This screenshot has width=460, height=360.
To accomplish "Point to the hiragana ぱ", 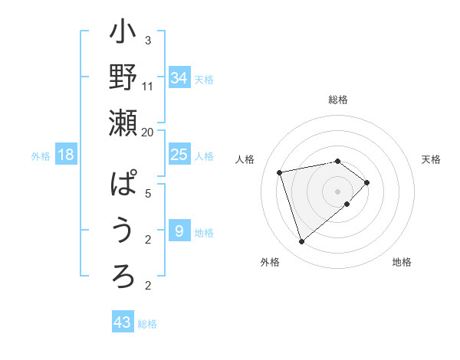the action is tap(123, 185).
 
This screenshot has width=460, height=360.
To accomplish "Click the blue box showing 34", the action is tap(179, 78).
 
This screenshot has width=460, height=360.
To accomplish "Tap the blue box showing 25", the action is tap(179, 155).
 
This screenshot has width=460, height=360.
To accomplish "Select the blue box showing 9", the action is tap(179, 231).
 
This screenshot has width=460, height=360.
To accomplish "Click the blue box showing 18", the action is tap(66, 155).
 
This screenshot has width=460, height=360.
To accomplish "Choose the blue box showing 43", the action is tap(123, 322).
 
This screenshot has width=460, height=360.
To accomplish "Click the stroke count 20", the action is tap(147, 132).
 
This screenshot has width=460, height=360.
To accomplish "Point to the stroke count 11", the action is tap(148, 86).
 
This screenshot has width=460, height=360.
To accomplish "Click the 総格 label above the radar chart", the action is tap(338, 100).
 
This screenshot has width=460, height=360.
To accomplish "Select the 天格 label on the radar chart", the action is tap(431, 159).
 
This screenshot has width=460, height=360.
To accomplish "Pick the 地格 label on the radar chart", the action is tap(402, 262).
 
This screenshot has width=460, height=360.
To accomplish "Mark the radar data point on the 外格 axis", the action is tap(301, 242).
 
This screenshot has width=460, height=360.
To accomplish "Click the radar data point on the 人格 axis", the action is tap(281, 172).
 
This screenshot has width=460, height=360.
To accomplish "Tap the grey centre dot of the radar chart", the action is tap(337, 191).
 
